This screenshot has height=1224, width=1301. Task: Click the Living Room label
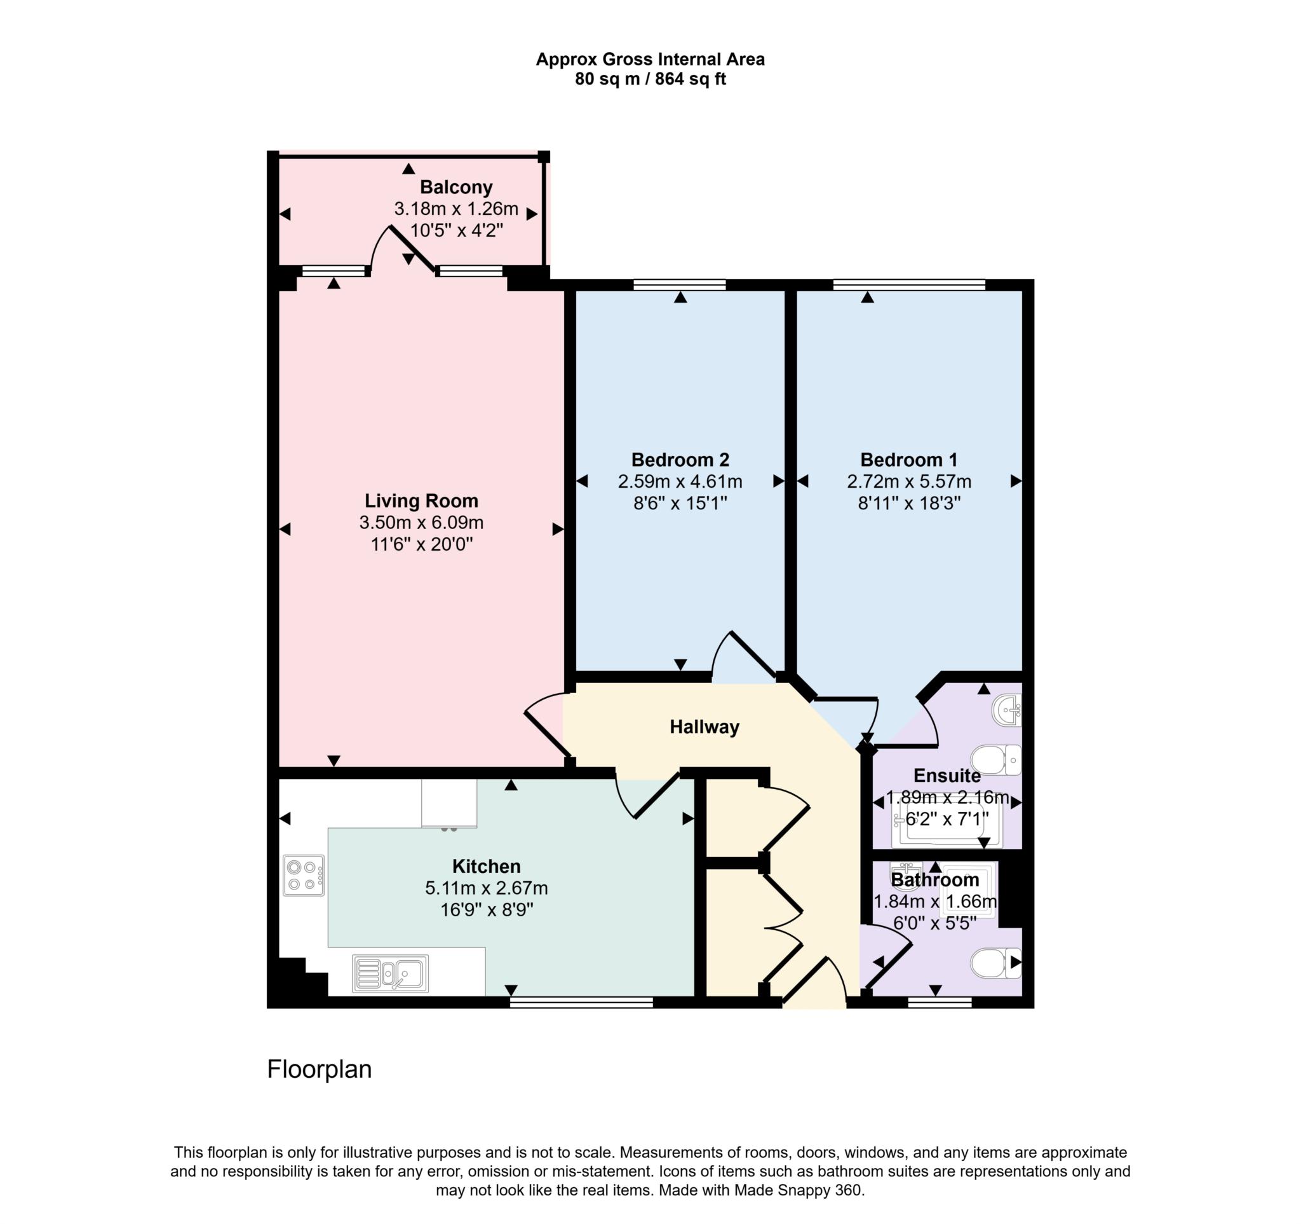(x=421, y=501)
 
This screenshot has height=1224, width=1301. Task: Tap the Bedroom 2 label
(x=680, y=460)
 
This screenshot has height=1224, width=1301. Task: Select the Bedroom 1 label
(x=908, y=460)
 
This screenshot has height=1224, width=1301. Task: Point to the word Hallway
(x=704, y=727)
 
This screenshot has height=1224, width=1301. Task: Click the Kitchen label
(x=486, y=867)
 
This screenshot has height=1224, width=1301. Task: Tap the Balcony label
(x=456, y=188)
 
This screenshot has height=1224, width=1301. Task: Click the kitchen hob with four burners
(x=304, y=876)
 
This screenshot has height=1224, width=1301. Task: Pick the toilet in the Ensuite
(x=995, y=760)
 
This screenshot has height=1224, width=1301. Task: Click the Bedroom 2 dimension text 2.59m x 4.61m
(x=680, y=482)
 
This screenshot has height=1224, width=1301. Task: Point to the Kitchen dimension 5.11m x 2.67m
(x=486, y=889)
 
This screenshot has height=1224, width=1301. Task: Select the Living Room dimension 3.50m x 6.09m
(x=421, y=523)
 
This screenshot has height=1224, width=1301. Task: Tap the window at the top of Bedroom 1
(x=909, y=284)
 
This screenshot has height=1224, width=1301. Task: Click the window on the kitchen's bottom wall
(x=581, y=1002)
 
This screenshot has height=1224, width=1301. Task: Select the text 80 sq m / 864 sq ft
(x=650, y=79)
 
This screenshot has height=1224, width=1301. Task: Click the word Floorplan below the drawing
(x=320, y=1070)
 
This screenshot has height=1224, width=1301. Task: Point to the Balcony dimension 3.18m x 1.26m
(x=456, y=210)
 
